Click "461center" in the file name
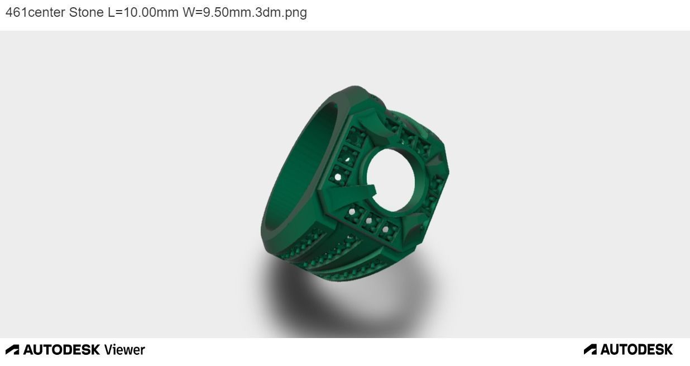tap(35, 12)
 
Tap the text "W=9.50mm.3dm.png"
tap(245, 12)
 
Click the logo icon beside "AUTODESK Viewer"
tap(12, 350)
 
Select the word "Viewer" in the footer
tap(124, 350)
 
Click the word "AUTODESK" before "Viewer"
tap(61, 350)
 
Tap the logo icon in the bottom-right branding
tap(590, 350)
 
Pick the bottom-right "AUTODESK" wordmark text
tap(636, 350)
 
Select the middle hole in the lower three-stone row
tap(368, 221)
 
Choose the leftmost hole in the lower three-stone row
tap(352, 213)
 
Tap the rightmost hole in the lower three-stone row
tap(385, 229)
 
